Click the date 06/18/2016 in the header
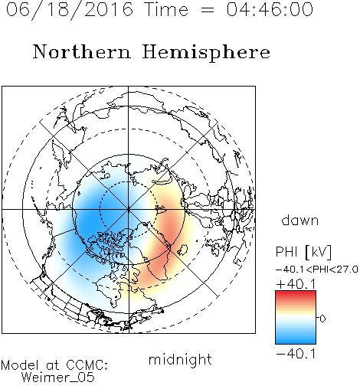tap(70, 9)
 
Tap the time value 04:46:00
tap(270, 9)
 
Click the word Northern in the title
tap(82, 51)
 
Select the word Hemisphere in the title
tap(206, 53)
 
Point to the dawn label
tap(300, 220)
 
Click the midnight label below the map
tap(180, 359)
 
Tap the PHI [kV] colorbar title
tap(303, 252)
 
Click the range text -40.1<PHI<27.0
tap(317, 270)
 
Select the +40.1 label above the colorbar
tap(296, 284)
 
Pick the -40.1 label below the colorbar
tap(296, 354)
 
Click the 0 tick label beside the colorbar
tap(322, 319)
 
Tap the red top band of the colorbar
tap(296, 294)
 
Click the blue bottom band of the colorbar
tap(296, 341)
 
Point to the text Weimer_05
tap(58, 378)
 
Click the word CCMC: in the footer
tap(87, 365)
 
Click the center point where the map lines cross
tap(129, 209)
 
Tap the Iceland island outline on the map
tap(182, 250)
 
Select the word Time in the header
tap(166, 9)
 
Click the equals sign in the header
tap(208, 10)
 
